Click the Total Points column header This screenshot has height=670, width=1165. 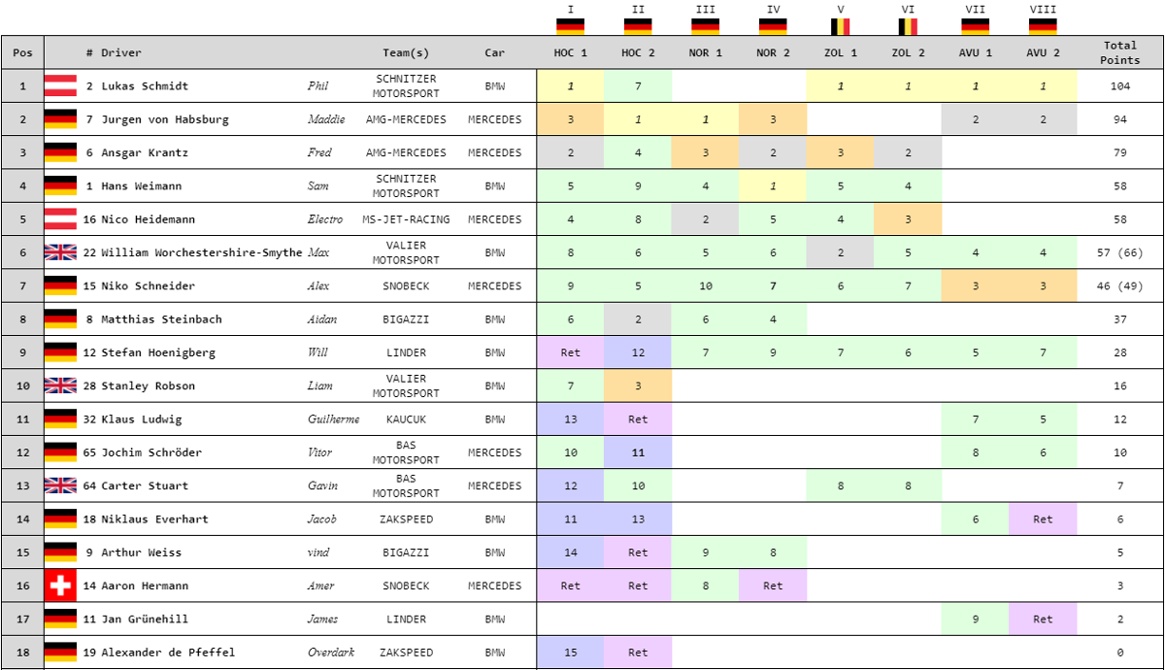pos(1119,52)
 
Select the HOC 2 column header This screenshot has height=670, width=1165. pos(638,52)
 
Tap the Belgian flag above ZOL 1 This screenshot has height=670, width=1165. pos(840,26)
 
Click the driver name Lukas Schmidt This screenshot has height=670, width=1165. pos(145,86)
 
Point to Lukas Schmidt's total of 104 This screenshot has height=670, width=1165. pos(1119,86)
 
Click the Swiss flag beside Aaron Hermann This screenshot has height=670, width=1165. pos(60,586)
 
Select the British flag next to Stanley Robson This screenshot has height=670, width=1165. pos(60,385)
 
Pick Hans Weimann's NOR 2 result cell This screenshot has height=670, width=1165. pos(773,185)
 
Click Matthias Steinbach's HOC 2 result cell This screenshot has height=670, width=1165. pos(638,319)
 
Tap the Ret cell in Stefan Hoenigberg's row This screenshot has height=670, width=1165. pos(570,352)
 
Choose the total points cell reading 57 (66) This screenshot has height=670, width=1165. pos(1119,252)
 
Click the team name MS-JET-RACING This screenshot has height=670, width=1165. pos(406,219)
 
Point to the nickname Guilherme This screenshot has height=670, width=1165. pos(333,419)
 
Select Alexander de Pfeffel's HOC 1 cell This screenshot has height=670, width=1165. pos(570,653)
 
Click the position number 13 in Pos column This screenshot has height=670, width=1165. pos(22,486)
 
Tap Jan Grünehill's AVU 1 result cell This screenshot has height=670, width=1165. pos(975,619)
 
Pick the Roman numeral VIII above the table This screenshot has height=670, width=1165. pos(1043,10)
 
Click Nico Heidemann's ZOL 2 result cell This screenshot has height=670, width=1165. pos(908,219)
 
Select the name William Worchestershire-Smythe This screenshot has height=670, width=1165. pos(202,252)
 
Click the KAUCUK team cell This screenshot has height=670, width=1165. pos(406,419)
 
